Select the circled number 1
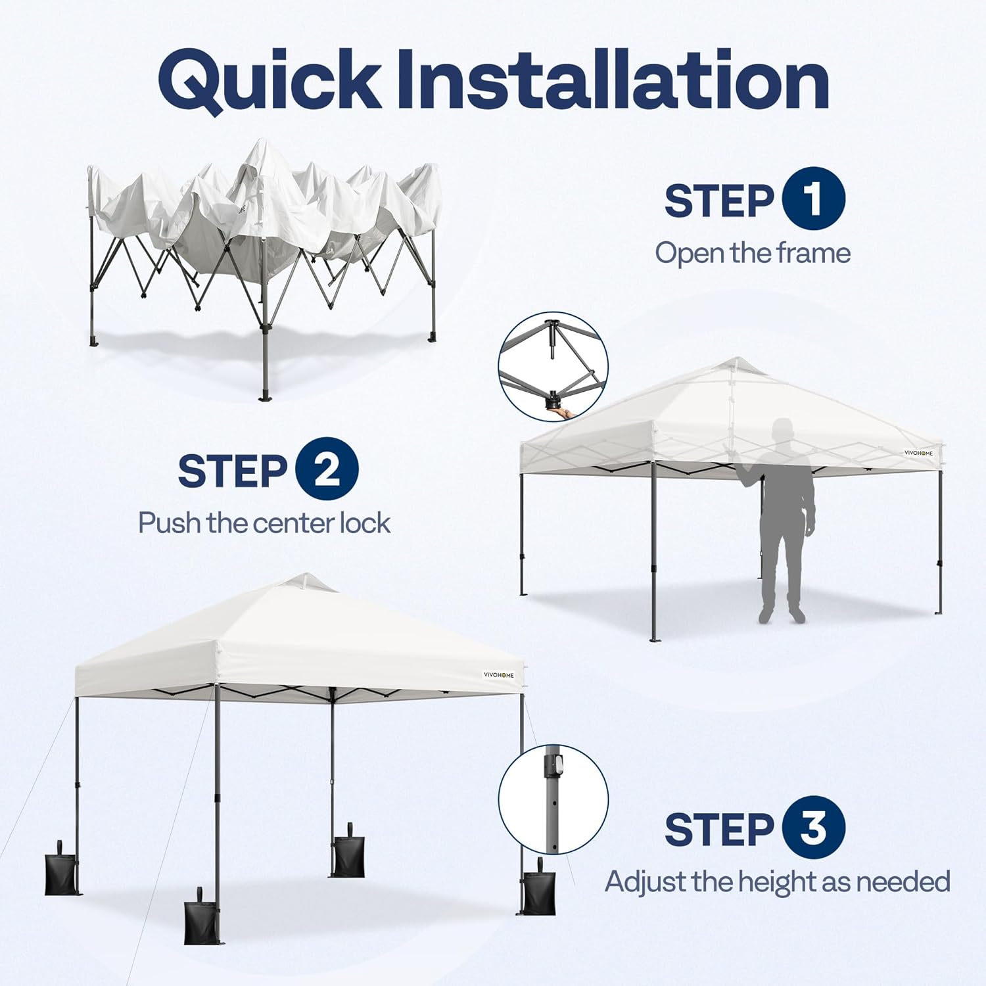click(x=813, y=199)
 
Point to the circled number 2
click(x=327, y=469)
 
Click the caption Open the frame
click(x=753, y=253)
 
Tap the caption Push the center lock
click(x=264, y=523)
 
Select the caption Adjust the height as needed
click(x=777, y=881)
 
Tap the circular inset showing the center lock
click(x=553, y=366)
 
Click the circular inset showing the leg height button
click(x=553, y=799)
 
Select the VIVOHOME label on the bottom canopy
click(x=499, y=674)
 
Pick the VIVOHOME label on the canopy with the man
click(x=918, y=453)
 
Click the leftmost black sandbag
click(x=62, y=871)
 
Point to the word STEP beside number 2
click(x=232, y=471)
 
